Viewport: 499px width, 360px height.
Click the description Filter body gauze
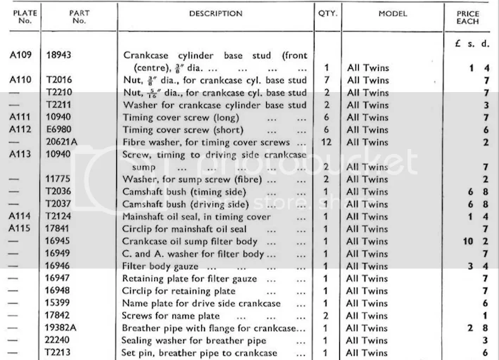pos(159,266)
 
